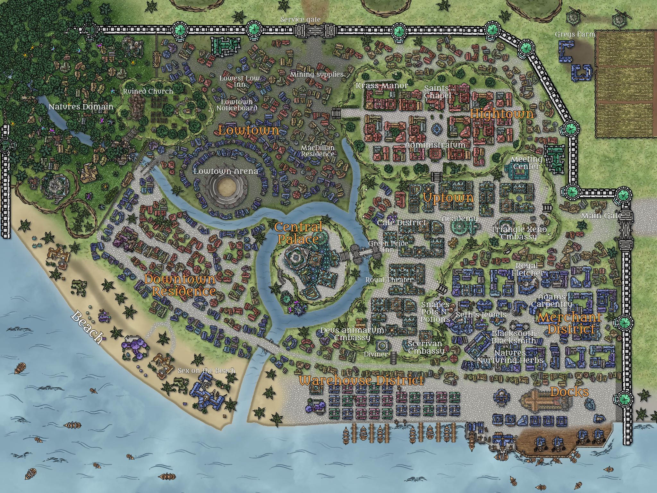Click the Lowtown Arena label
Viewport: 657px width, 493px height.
[226, 171]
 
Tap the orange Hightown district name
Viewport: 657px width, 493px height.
[502, 114]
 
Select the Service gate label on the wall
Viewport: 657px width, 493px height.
[300, 20]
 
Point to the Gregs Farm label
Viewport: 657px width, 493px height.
[575, 34]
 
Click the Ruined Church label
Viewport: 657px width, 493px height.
[148, 91]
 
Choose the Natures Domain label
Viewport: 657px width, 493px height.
[81, 107]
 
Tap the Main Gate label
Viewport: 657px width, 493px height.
[601, 216]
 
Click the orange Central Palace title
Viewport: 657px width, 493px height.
[298, 233]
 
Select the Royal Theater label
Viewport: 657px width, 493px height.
[389, 280]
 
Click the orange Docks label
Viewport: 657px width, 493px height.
[569, 392]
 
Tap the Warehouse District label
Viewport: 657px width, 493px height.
[361, 381]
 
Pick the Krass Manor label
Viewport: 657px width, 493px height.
[382, 86]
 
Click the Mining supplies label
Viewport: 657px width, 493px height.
[317, 74]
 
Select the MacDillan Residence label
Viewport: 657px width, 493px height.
[318, 151]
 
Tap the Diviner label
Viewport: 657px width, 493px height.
[376, 354]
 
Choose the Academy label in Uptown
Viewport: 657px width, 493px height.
[460, 219]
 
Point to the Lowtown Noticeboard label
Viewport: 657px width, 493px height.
[237, 105]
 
